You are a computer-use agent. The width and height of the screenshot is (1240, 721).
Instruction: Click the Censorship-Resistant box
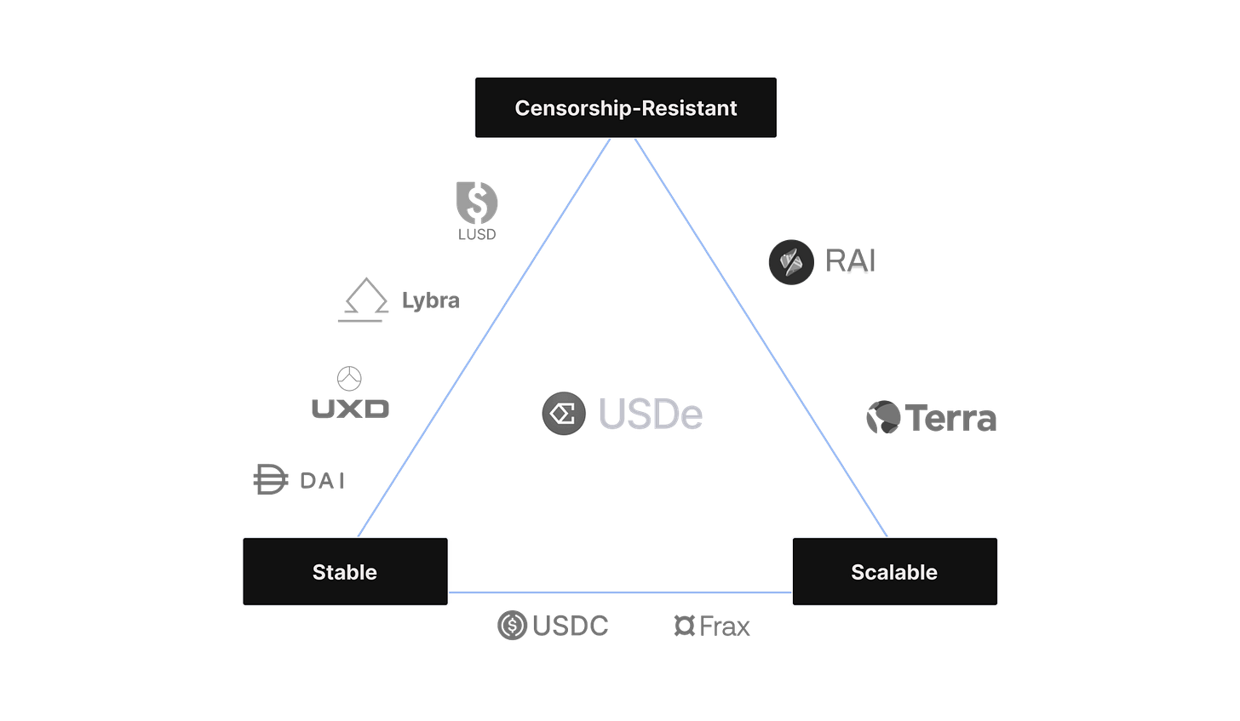click(626, 108)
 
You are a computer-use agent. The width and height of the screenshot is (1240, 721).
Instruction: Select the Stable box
click(345, 571)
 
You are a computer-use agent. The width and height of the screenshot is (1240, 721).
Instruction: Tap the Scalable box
click(894, 571)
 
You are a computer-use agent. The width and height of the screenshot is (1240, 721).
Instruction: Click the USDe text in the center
click(651, 415)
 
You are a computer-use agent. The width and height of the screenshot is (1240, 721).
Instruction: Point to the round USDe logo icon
click(564, 414)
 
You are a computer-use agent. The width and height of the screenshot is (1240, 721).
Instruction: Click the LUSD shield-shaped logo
click(477, 209)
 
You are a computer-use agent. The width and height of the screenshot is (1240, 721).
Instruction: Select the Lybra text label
click(430, 300)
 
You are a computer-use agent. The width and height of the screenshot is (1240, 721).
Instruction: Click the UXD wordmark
click(350, 409)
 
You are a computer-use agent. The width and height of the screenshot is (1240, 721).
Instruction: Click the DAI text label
click(323, 480)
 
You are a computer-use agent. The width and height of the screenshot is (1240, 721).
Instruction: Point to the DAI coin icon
click(270, 480)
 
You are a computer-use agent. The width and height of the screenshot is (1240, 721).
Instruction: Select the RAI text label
click(851, 260)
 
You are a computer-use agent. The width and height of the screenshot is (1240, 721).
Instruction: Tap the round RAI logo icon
click(791, 261)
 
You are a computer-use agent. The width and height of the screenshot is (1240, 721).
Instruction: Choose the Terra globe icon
click(882, 418)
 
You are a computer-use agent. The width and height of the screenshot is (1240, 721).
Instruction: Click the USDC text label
click(570, 627)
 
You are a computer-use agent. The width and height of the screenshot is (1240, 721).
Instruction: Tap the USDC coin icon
click(511, 627)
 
